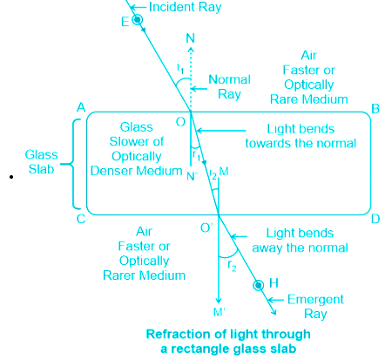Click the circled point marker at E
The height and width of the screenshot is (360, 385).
coord(137,19)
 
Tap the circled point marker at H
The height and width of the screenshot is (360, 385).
coord(258,285)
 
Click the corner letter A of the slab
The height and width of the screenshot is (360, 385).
coord(81,107)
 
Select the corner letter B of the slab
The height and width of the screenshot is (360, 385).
coord(375,109)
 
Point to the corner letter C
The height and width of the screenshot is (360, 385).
coord(81,219)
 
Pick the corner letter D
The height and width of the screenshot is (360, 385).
coord(375,219)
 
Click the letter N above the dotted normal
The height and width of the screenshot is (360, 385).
coord(190,38)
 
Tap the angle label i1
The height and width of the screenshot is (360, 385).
coord(180,68)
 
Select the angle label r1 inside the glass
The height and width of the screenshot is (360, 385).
coord(197,155)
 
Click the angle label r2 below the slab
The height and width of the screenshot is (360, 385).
coord(232,266)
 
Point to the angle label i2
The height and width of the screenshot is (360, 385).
coord(213,173)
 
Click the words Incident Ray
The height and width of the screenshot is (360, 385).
coord(185,7)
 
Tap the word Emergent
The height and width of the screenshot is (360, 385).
coord(315,300)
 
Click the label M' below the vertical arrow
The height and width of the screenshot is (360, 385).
coord(220,312)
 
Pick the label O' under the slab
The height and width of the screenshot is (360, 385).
coord(206,228)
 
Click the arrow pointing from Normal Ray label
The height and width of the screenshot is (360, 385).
coord(199,89)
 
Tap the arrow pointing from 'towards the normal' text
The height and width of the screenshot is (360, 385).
coord(221,131)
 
